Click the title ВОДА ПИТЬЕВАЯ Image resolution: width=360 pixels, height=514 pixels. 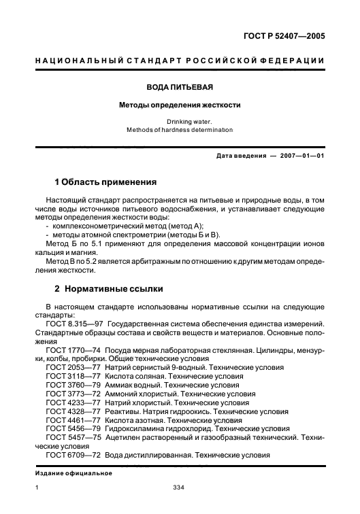(180, 88)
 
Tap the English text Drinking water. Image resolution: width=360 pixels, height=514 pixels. (180, 121)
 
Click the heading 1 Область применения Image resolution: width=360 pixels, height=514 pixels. (105, 182)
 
